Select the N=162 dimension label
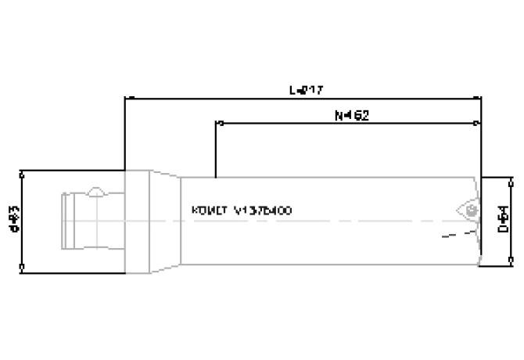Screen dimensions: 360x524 (351, 115)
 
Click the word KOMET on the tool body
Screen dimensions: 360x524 (207, 211)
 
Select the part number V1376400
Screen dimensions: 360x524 (264, 211)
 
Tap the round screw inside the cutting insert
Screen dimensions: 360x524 (469, 211)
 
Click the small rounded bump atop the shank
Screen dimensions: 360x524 (95, 192)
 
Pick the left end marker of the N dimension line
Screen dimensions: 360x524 (215, 123)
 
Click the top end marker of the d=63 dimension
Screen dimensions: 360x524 (23, 171)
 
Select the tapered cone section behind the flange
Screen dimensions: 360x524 (165, 222)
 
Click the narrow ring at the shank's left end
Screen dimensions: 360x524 (65, 222)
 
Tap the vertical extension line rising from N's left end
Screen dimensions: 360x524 (215, 149)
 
